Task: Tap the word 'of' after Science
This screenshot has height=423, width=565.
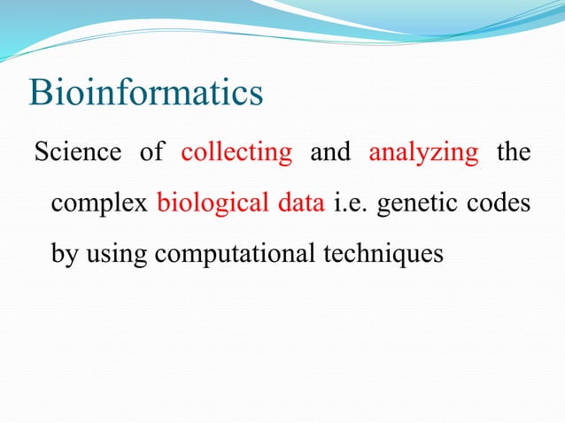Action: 151,152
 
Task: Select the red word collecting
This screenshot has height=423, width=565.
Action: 236,152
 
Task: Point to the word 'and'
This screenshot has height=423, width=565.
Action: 330,152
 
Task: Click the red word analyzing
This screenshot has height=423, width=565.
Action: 423,152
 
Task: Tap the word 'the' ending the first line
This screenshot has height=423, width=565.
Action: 514,152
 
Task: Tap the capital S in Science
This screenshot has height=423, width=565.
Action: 41,152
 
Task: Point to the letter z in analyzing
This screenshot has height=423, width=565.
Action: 441,153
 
